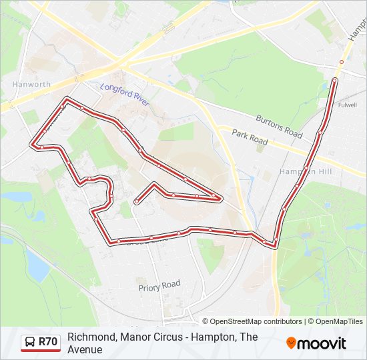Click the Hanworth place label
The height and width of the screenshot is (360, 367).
pos(31,85)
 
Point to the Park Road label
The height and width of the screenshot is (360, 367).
pos(250,138)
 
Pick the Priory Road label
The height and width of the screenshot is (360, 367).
pos(159,286)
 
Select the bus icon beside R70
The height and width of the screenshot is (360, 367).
pos(30,342)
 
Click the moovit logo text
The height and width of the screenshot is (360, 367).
pos(322,343)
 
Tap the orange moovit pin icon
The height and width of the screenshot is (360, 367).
pos(291,343)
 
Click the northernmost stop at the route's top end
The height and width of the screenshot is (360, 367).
pos(334,81)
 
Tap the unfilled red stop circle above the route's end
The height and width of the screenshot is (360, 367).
pos(341,62)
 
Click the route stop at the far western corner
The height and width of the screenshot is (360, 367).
pos(33,145)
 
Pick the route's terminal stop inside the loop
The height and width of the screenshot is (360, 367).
pos(136,201)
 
